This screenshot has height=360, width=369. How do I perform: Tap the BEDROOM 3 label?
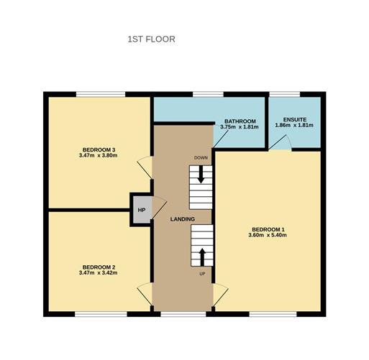click(99, 149)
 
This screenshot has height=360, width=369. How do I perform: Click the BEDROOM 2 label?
click(99, 267)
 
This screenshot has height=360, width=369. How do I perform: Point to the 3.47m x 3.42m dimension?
click(99, 274)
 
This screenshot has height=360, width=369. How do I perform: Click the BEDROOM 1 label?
click(267, 229)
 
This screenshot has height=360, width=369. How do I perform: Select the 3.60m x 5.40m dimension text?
click(267, 236)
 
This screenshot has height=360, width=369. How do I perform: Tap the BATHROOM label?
click(240, 121)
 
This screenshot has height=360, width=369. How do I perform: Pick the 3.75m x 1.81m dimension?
click(240, 127)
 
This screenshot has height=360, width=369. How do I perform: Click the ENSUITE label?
click(294, 119)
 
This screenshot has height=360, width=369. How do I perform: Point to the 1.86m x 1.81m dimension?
click(294, 126)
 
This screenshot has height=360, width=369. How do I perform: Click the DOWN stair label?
click(201, 157)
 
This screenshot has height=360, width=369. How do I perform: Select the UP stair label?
click(201, 274)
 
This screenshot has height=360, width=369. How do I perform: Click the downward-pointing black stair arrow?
click(201, 175)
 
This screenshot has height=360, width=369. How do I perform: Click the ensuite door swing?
click(281, 145)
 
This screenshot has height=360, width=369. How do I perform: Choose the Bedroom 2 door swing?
click(145, 292)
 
